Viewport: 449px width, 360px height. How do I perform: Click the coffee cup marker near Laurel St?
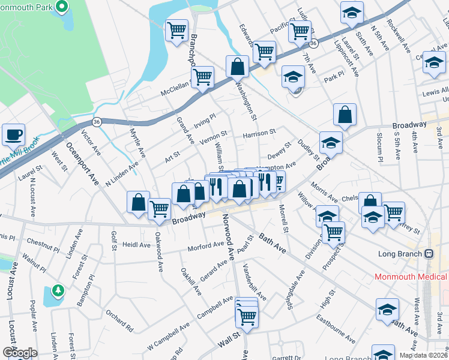pos(13,135)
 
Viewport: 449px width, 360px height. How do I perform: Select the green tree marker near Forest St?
pos(58,291)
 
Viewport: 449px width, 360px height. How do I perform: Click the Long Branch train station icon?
pos(429,253)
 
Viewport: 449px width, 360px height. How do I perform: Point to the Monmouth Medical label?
pos(411,277)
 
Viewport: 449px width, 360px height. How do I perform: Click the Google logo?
pos(19,353)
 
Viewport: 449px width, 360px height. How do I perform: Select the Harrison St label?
pos(259,132)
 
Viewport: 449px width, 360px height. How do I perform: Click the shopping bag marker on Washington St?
pos(238,66)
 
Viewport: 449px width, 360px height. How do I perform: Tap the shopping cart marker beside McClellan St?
pos(203,77)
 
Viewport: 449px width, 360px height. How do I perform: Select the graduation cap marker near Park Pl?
pos(293,77)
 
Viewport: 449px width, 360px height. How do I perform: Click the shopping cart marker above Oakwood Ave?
pos(159,209)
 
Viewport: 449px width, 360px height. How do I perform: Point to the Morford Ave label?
pos(205,245)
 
